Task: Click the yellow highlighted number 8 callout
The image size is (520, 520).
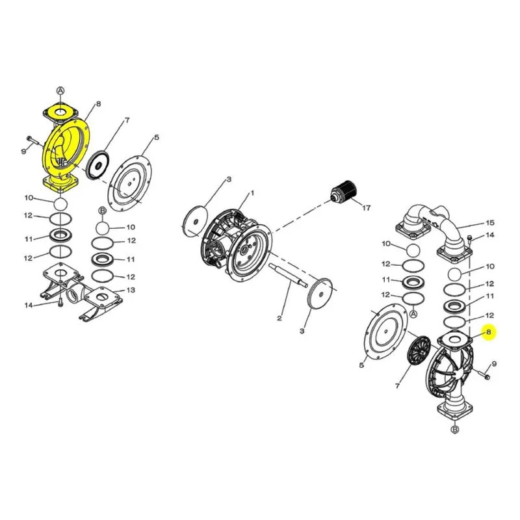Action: (x=489, y=332)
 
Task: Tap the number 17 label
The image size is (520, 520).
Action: (x=366, y=208)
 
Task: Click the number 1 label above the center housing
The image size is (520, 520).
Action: (x=252, y=193)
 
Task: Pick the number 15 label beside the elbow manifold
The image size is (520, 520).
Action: (x=490, y=223)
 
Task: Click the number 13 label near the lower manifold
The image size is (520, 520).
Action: (x=131, y=290)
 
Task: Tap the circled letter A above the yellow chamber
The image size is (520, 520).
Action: (x=60, y=90)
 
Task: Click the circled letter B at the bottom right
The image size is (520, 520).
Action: (x=455, y=430)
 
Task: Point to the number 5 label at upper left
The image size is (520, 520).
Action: (x=157, y=137)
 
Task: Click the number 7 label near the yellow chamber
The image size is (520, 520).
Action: (x=127, y=120)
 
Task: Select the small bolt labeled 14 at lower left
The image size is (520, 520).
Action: (x=60, y=302)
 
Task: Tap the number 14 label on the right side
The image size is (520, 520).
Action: (x=490, y=235)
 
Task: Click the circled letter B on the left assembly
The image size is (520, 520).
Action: (x=102, y=211)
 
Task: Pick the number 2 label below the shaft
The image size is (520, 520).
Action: (x=279, y=318)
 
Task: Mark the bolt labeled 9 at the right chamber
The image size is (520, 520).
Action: (x=482, y=373)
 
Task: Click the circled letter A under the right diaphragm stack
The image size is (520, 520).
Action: (x=413, y=314)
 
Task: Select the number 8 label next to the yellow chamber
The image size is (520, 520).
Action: (x=98, y=104)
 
